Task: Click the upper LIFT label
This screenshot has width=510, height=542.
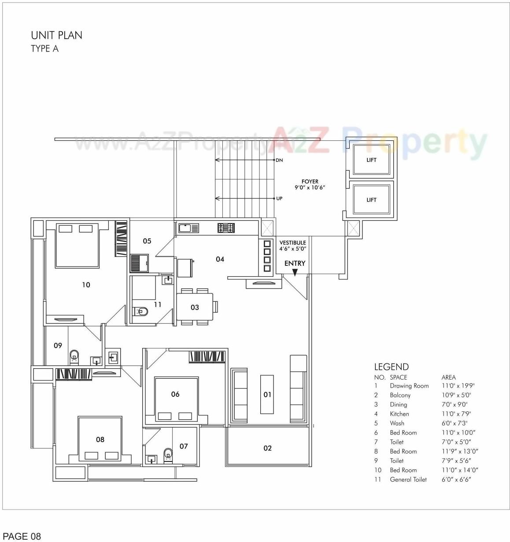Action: [371, 160]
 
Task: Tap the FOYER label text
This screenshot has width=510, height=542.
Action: [310, 181]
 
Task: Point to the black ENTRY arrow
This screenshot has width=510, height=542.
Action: [295, 273]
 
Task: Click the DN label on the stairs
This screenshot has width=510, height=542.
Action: [279, 160]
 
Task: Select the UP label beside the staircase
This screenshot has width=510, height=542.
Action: [279, 198]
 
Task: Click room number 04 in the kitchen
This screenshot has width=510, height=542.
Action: [220, 260]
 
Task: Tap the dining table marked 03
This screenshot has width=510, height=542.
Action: [195, 307]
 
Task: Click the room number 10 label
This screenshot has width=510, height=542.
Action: [86, 285]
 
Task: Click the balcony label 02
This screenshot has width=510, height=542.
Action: [267, 448]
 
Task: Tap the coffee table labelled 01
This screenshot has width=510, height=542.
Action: [267, 395]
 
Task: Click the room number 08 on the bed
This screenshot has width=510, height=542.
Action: [100, 439]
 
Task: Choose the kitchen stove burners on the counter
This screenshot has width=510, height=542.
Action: [226, 228]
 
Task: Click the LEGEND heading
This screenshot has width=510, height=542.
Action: [391, 367]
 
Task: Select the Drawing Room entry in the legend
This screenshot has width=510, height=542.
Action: [409, 386]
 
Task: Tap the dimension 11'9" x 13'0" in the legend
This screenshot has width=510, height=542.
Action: [460, 451]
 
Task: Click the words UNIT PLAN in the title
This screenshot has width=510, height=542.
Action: [56, 35]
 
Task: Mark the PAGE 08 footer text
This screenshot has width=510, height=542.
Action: [22, 536]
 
